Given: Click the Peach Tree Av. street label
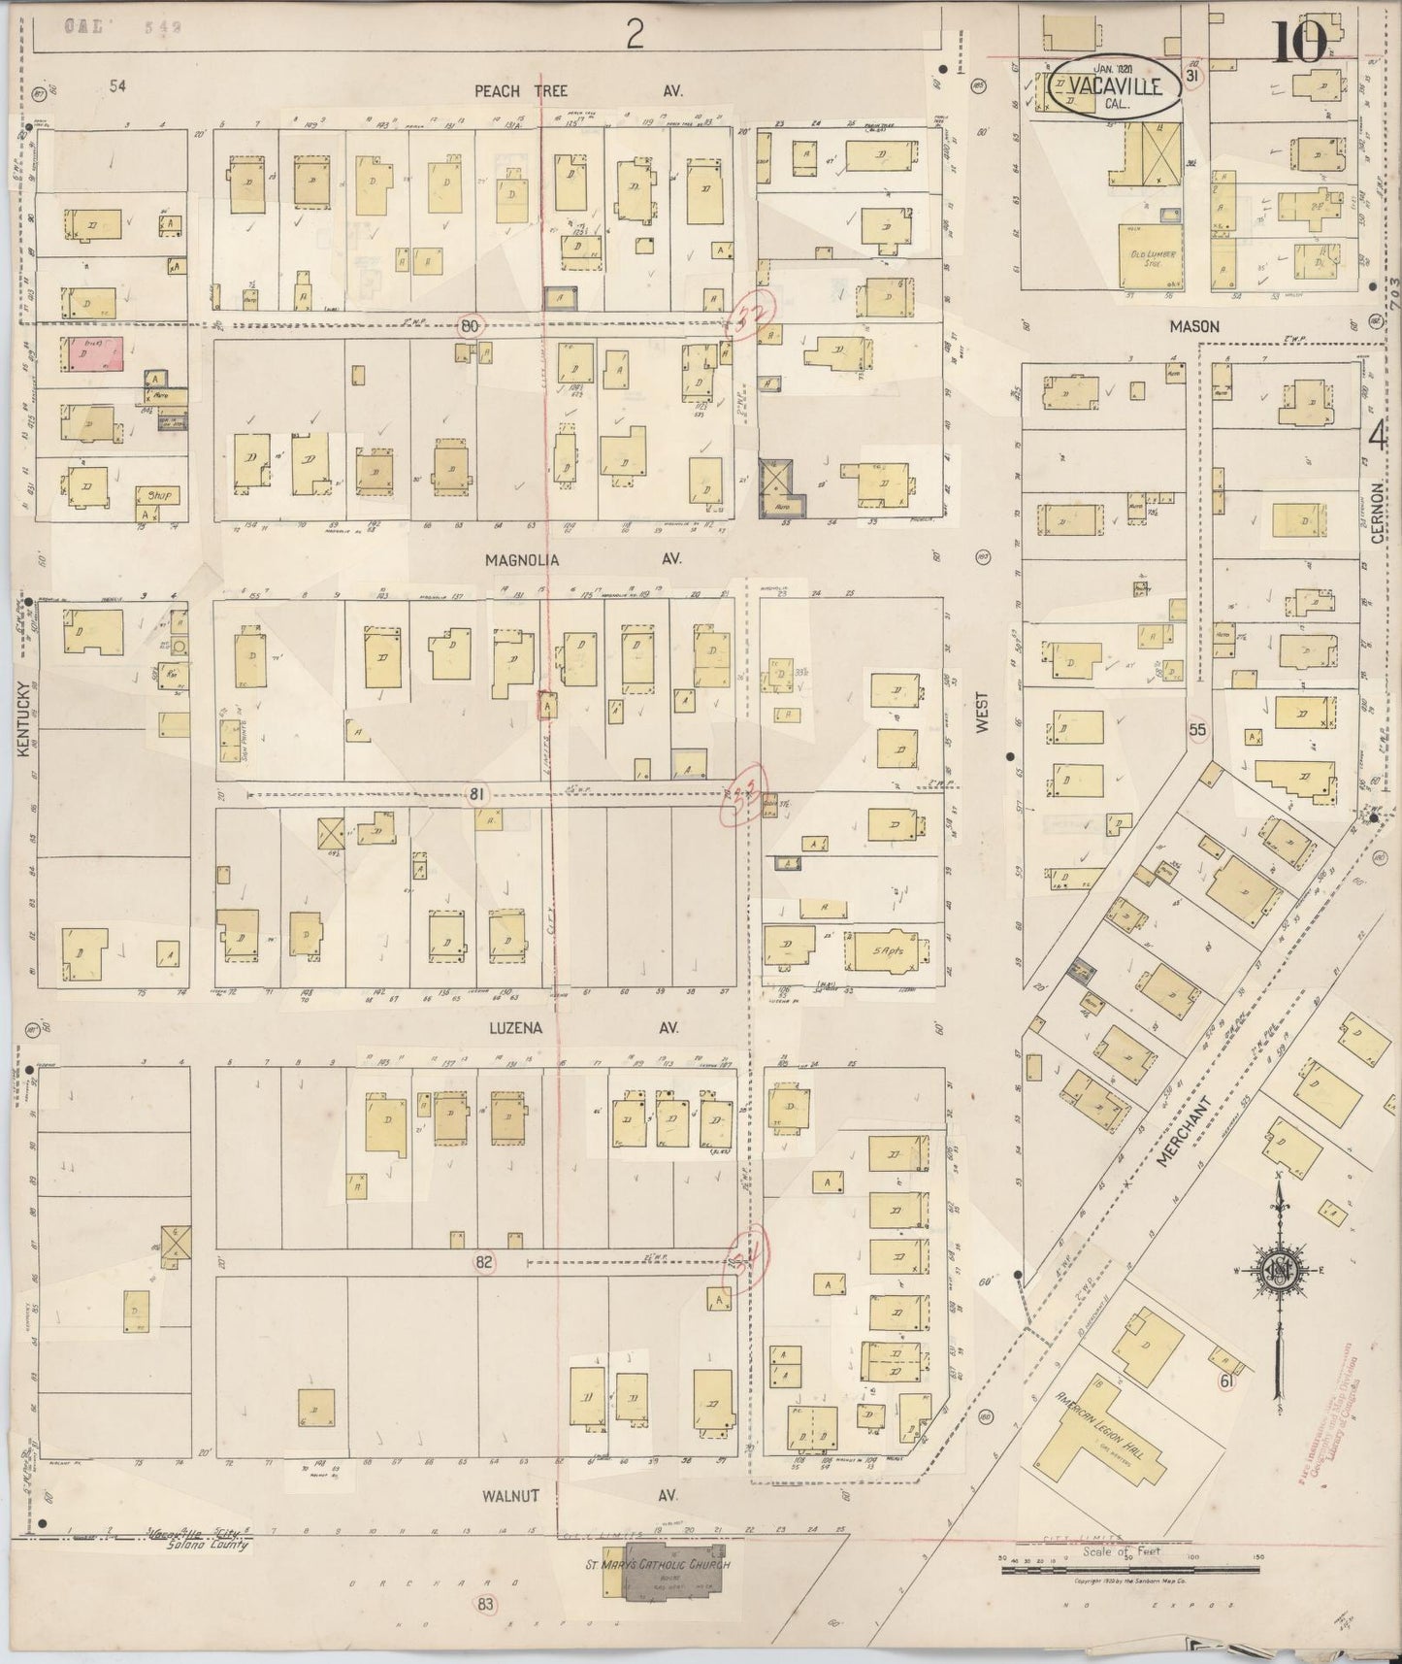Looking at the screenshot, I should (578, 90).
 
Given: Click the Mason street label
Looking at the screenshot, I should (1193, 327).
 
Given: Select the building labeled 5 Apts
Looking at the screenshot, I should (887, 951).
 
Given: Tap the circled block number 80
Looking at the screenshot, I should (470, 326).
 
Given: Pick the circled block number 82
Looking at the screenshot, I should (485, 1262).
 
